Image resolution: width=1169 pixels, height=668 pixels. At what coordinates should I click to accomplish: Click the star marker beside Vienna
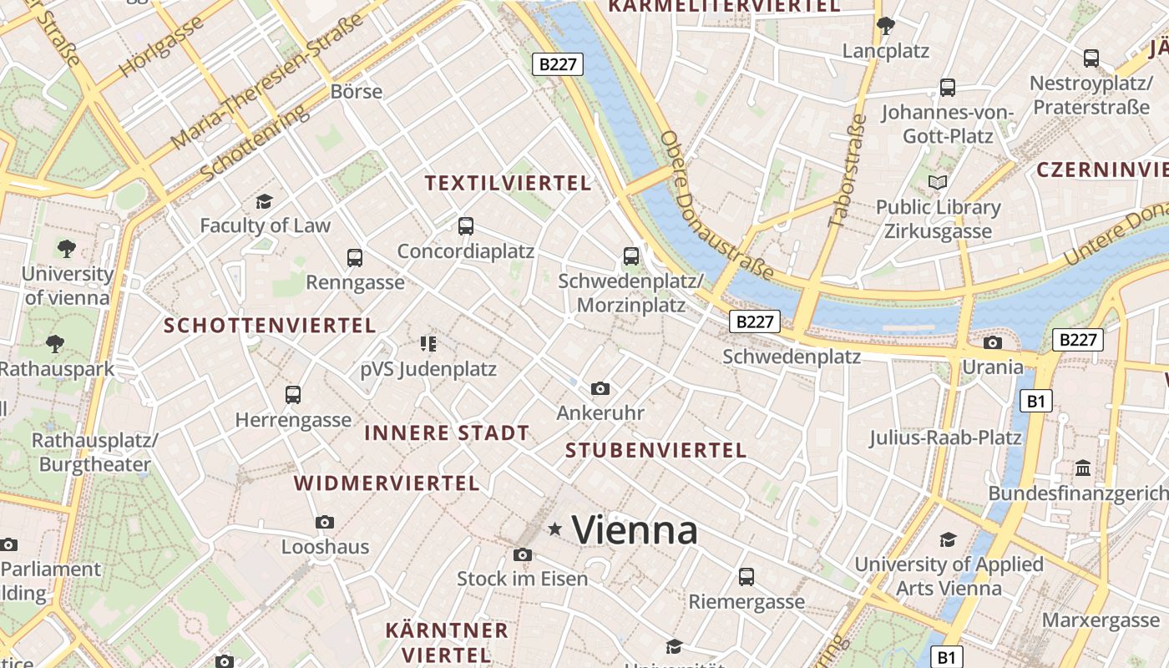[x=554, y=529]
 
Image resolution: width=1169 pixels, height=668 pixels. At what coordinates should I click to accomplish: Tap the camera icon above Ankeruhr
[x=600, y=388]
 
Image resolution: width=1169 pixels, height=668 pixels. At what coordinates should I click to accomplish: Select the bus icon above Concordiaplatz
[x=466, y=225]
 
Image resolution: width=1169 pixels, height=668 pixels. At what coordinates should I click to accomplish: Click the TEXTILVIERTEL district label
[x=508, y=183]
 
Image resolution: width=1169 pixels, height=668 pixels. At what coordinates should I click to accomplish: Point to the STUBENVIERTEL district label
[x=655, y=450]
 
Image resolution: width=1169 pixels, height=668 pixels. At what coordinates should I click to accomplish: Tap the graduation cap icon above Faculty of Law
[x=265, y=201]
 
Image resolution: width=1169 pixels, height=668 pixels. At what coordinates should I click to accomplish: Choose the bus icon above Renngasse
[x=355, y=257]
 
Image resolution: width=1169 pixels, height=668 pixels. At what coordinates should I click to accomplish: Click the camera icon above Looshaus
[x=325, y=523]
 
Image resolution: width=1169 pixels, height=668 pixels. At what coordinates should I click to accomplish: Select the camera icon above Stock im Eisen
[x=523, y=554]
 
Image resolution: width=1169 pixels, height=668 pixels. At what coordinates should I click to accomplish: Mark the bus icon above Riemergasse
[x=746, y=576]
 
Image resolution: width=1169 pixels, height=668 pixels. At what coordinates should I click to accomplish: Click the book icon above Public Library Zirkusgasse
[x=938, y=182]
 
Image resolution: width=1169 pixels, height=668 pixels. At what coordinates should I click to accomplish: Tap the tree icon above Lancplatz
[x=886, y=26]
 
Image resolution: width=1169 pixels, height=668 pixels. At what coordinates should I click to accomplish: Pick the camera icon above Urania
[x=993, y=342]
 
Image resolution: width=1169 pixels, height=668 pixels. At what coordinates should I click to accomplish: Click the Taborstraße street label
[x=848, y=170]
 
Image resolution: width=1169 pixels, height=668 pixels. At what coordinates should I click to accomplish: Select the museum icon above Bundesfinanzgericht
[x=1084, y=468]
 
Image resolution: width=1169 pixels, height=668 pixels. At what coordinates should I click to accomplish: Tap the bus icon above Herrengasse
[x=293, y=394]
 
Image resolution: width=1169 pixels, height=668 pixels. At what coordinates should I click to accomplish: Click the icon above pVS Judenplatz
[x=428, y=343]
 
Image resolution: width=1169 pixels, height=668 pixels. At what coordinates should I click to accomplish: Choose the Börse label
[x=357, y=91]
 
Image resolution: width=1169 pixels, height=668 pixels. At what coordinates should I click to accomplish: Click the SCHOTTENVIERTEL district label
[x=270, y=325]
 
